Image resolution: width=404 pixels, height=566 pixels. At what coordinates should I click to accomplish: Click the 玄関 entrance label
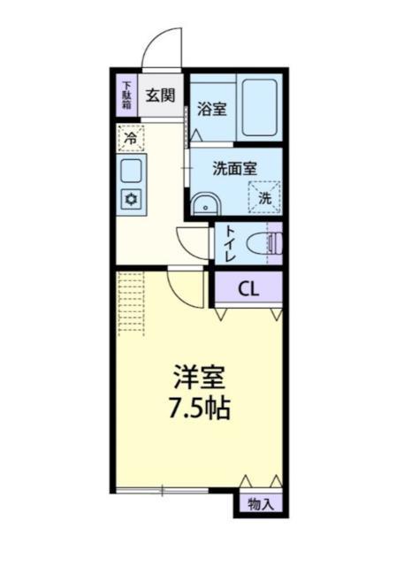pyautogui.click(x=160, y=95)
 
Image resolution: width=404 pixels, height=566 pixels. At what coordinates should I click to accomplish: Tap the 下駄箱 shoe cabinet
pyautogui.click(x=127, y=94)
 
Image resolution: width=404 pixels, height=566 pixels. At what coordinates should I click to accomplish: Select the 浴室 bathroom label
pyautogui.click(x=210, y=111)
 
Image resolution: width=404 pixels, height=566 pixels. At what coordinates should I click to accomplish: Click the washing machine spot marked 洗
pyautogui.click(x=264, y=196)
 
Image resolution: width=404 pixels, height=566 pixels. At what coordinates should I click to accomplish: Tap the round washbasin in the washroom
pyautogui.click(x=206, y=205)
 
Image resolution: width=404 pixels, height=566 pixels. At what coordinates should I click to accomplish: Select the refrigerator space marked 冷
pyautogui.click(x=130, y=138)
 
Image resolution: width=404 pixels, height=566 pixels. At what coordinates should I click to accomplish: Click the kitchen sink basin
pyautogui.click(x=131, y=170)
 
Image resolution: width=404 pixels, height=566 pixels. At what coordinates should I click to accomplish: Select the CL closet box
pyautogui.click(x=248, y=287)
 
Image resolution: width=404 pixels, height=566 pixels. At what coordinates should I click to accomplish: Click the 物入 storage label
pyautogui.click(x=260, y=505)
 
